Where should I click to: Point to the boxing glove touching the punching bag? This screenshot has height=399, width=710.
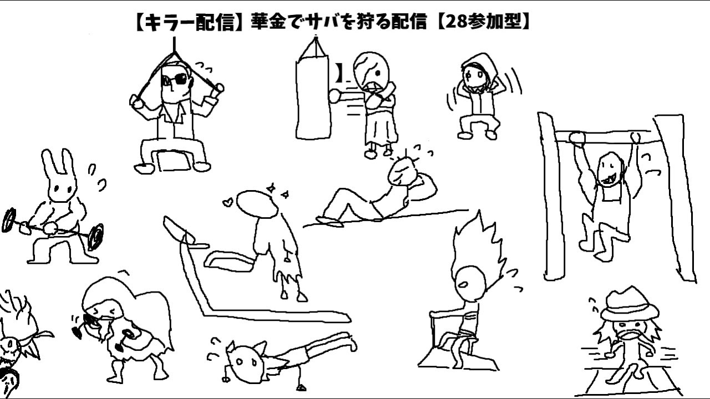tap(336, 95)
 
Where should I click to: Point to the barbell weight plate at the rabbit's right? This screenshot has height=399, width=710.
tap(95, 236)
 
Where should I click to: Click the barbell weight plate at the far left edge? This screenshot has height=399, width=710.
tap(9, 220)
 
